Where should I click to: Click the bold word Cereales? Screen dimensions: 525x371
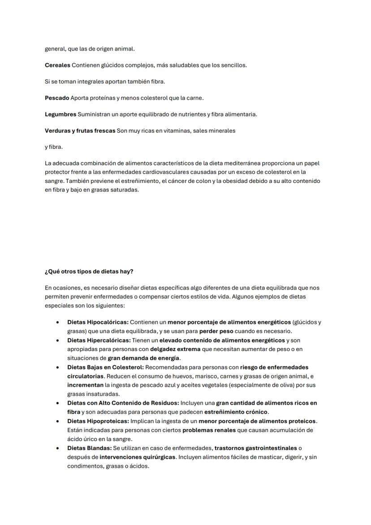tap(57, 65)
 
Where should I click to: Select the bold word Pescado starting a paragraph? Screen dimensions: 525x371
tap(57, 98)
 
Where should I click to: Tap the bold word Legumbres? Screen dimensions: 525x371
tap(60, 114)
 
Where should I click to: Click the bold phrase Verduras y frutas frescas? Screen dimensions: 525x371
tap(80, 130)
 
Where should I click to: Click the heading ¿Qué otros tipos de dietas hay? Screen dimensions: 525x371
tap(89, 272)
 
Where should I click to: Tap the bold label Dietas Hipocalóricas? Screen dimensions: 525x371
tap(98, 322)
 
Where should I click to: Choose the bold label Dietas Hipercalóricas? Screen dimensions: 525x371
tap(99, 340)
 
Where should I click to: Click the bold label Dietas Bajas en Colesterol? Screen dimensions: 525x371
tap(105, 367)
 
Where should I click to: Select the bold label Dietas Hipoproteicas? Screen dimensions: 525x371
tap(98, 421)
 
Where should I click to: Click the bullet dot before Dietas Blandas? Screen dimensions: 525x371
tap(58, 448)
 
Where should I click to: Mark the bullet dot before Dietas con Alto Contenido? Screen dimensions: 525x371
tap(58, 403)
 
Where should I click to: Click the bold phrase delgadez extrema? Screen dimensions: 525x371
tap(175, 349)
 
